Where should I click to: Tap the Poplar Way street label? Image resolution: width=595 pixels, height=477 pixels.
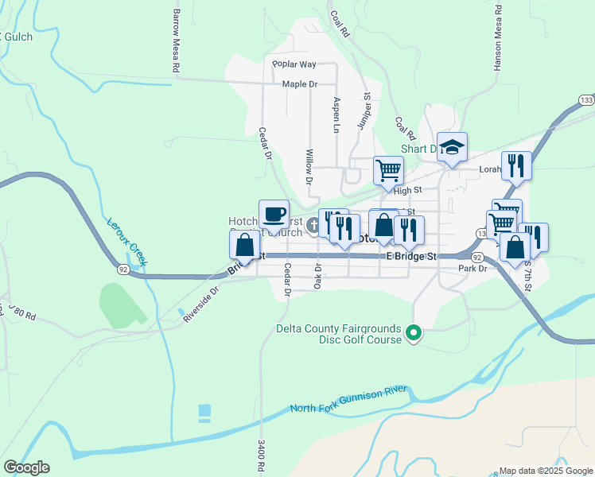pyautogui.click(x=294, y=64)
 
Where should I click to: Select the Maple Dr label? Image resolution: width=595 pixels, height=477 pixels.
pyautogui.click(x=299, y=83)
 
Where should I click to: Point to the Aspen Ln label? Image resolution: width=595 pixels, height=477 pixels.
pyautogui.click(x=336, y=115)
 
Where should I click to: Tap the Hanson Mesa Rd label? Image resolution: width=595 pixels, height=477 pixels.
pyautogui.click(x=497, y=38)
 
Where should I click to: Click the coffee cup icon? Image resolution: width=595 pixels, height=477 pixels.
pyautogui.click(x=274, y=214)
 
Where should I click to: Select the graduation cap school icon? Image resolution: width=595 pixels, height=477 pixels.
pyautogui.click(x=452, y=146)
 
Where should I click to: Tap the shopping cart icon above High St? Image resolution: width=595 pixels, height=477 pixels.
pyautogui.click(x=388, y=169)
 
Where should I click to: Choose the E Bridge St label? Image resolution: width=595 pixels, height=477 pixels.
pyautogui.click(x=412, y=257)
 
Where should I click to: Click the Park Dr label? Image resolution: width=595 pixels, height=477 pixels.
pyautogui.click(x=472, y=269)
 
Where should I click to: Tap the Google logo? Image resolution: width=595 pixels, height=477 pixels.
pyautogui.click(x=26, y=467)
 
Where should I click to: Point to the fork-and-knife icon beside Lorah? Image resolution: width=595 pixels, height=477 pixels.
pyautogui.click(x=515, y=165)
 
